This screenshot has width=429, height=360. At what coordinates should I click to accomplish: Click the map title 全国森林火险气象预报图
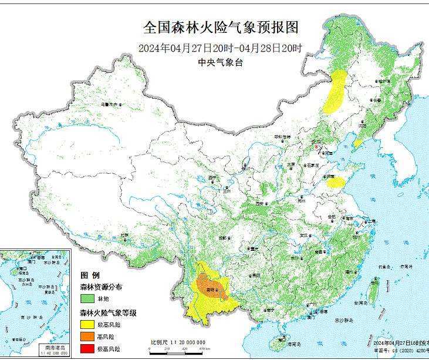[222, 28]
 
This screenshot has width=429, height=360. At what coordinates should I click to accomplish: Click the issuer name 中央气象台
[221, 63]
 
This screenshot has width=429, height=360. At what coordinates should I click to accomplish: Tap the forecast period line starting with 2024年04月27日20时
[221, 48]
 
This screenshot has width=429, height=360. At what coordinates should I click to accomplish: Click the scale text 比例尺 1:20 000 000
[178, 342]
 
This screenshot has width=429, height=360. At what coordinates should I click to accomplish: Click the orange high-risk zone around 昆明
[211, 285]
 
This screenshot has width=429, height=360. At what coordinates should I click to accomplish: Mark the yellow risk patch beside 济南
[336, 182]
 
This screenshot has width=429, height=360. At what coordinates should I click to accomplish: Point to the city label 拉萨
[124, 235]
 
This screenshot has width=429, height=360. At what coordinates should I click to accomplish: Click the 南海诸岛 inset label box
[56, 348]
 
